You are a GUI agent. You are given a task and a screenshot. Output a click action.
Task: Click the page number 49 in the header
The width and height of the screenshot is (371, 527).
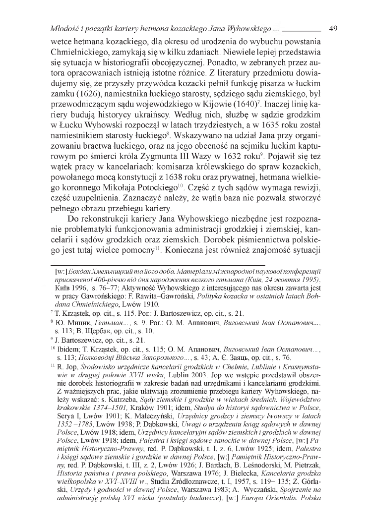[x=333, y=28]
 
